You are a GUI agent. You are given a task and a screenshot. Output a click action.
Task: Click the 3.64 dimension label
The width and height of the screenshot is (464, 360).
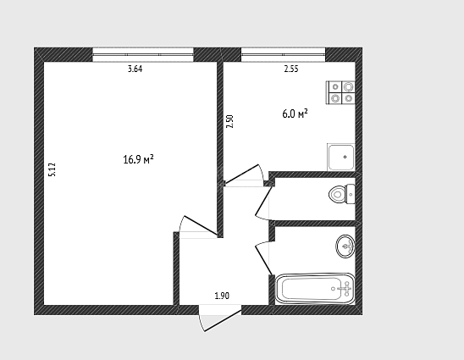135,69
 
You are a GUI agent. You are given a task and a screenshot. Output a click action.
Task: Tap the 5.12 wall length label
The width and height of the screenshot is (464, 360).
52,170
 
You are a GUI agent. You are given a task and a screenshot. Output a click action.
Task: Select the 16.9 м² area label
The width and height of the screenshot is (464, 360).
139,159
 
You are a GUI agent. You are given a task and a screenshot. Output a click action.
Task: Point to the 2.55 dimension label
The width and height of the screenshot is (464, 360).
291,69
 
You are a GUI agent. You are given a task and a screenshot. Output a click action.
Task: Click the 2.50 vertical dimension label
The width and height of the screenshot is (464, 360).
230,121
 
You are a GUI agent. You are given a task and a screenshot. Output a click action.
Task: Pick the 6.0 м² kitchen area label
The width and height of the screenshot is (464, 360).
295,114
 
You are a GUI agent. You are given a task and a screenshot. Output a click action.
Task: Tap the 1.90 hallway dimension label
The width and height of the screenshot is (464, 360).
222,296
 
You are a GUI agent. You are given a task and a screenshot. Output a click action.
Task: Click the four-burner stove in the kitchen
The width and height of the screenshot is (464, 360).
340,92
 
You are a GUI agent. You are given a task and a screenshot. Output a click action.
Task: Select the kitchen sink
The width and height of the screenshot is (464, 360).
341,158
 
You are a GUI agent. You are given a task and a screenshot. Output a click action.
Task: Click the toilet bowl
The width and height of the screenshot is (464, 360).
342,194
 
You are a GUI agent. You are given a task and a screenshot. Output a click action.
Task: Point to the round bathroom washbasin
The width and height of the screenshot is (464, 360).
345,246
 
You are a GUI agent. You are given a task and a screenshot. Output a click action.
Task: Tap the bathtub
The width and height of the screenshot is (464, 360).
315,289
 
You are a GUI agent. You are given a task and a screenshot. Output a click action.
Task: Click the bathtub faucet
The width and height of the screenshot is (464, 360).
345,289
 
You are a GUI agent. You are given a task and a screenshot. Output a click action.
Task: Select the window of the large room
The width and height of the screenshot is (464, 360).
143,55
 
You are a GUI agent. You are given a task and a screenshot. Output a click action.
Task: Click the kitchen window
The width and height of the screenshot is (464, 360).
283,55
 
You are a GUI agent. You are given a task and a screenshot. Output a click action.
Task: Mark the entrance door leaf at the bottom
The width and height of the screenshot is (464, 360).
223,321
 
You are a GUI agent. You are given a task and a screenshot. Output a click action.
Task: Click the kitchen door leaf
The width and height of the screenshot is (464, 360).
242,174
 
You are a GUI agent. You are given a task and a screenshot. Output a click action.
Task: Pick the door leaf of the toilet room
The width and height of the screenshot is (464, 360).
263,201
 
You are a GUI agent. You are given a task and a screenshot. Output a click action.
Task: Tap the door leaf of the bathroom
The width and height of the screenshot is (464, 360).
263,260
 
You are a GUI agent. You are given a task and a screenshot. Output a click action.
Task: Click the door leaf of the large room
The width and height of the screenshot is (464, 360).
201,225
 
